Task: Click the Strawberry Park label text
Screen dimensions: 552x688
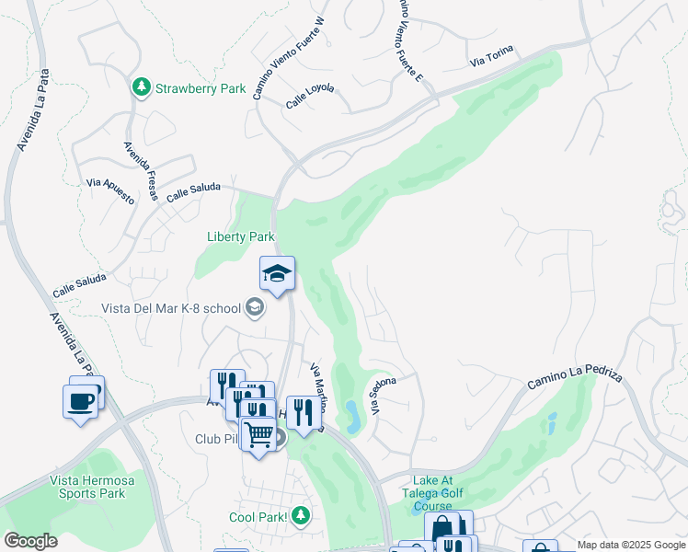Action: [x=201, y=88]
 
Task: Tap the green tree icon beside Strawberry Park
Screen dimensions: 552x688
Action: [x=142, y=87]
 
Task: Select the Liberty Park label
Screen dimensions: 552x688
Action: [x=240, y=236]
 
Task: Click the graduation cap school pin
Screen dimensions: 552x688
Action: [x=277, y=273]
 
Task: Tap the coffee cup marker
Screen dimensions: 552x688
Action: [x=80, y=402]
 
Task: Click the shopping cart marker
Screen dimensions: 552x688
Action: [x=258, y=434]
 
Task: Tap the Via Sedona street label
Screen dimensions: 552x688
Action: [x=384, y=396]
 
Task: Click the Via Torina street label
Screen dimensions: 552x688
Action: [x=491, y=56]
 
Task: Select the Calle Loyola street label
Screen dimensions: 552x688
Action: [x=310, y=97]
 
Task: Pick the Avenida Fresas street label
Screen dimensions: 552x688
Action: [x=142, y=171]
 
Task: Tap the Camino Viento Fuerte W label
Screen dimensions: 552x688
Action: [x=289, y=57]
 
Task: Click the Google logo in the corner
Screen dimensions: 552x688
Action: [x=30, y=540]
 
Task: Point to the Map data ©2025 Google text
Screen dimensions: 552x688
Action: [x=631, y=546]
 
